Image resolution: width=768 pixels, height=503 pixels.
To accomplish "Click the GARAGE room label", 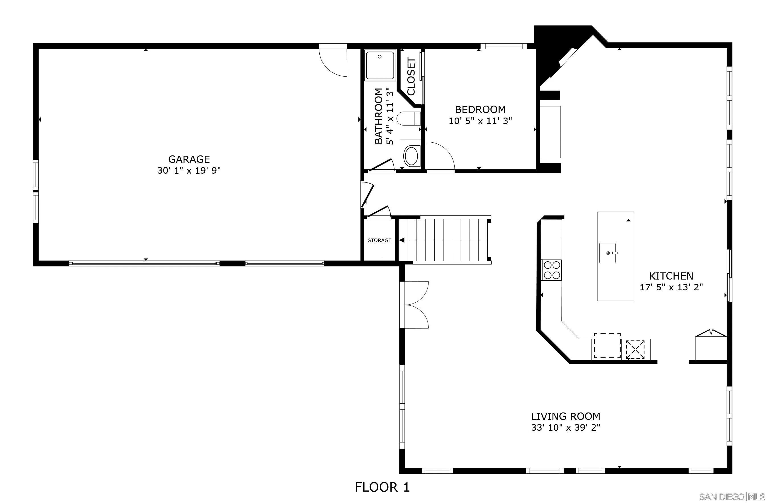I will (189, 159).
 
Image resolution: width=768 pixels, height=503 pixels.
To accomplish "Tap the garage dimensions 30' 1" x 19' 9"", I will (189, 170).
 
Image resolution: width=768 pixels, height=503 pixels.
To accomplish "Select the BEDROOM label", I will (480, 109).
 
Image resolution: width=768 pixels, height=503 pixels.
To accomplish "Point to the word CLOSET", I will (411, 77).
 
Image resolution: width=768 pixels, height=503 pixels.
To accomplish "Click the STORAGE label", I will (379, 240).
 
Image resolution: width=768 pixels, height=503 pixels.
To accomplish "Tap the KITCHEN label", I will (671, 276).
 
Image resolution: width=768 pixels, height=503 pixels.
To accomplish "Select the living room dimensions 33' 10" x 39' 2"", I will (565, 427).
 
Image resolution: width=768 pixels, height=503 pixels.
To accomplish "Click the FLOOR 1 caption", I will (382, 487).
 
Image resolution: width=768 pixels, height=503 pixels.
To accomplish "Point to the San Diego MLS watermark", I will (732, 496).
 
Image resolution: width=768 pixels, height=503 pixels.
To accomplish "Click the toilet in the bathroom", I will (408, 118).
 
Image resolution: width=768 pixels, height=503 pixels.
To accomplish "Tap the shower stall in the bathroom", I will (380, 65).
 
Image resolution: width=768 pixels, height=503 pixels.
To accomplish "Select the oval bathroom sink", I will (411, 157).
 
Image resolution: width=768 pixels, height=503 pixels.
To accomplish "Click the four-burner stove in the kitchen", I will (551, 270).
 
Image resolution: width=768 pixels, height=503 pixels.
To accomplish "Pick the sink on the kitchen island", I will (608, 253).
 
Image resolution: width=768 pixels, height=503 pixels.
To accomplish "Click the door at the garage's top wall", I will (333, 61).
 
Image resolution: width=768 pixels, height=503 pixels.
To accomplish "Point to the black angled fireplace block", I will (549, 48).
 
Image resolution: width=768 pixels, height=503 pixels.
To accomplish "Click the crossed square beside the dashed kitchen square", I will (635, 349).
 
